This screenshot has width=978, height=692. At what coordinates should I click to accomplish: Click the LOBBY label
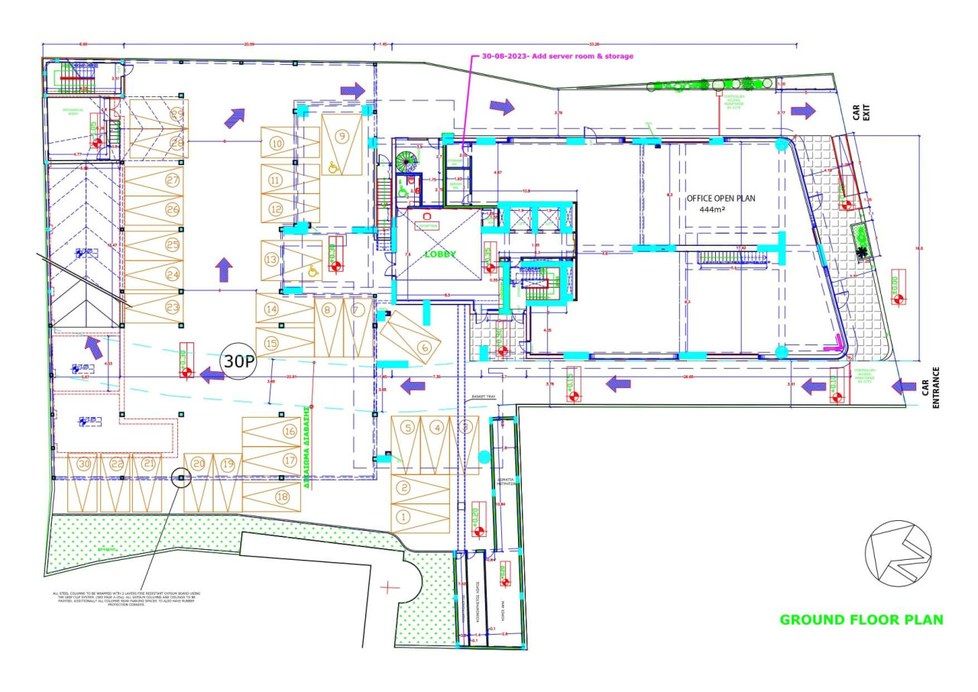click(x=441, y=254)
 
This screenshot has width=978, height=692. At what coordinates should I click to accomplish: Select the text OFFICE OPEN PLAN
click(x=721, y=198)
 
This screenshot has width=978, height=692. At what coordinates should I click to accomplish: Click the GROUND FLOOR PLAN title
click(x=861, y=619)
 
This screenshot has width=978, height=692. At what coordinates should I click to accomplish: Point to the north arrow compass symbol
click(x=898, y=554)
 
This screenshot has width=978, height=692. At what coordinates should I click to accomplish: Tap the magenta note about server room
click(x=557, y=56)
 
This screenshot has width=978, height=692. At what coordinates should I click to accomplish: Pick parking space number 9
click(x=342, y=136)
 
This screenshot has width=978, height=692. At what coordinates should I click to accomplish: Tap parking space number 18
click(x=282, y=497)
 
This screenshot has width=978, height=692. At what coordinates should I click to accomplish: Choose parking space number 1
click(x=404, y=517)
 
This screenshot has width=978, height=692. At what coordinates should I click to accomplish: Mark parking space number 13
click(x=271, y=260)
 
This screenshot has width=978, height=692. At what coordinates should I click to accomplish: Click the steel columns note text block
click(x=126, y=598)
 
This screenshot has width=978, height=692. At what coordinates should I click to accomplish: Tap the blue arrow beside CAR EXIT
click(x=803, y=112)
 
